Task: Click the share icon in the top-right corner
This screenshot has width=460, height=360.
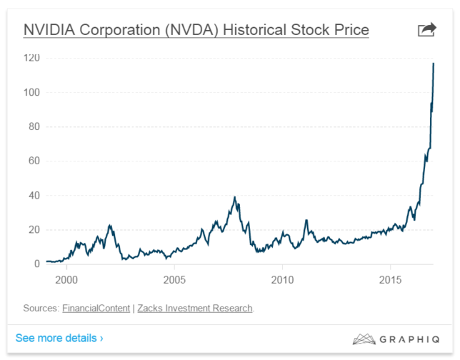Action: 426,29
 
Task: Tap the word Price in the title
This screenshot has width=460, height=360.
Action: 349,30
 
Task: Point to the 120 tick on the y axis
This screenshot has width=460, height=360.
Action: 31,58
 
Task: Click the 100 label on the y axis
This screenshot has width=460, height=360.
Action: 31,92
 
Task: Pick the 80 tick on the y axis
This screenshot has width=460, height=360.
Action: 33,126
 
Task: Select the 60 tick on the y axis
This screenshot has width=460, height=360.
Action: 33,161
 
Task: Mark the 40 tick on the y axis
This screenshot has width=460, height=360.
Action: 33,195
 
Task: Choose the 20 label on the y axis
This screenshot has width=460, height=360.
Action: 33,229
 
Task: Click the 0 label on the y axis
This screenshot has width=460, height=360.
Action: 36,264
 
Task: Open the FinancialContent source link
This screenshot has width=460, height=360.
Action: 95,309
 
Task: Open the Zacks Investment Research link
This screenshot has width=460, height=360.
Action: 194,309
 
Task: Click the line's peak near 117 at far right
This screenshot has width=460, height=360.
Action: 434,64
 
